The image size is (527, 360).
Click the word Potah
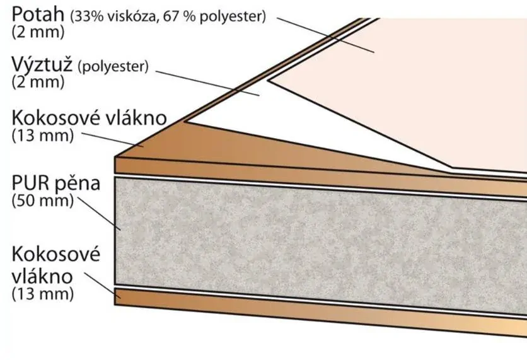coord(38,14)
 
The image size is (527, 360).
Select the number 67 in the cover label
coord(171,16)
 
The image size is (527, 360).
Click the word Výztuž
coord(42,64)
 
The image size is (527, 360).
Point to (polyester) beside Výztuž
coord(113,67)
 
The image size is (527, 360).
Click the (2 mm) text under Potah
coord(38,32)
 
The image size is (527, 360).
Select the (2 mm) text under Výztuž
coord(38,82)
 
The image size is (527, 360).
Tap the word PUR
coord(26,183)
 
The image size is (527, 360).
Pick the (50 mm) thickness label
coord(43,200)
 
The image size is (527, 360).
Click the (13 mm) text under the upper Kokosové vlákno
coord(43,136)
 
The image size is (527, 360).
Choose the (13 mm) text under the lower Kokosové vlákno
coord(43,294)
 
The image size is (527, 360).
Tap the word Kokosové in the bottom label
coord(56,254)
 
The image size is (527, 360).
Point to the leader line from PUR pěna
coord(99,214)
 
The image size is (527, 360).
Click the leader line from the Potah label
coord(326,35)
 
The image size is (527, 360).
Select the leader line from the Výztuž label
coord(207,83)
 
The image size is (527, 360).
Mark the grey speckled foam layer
coord(320,245)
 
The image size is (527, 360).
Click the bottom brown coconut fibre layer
coord(320,311)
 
